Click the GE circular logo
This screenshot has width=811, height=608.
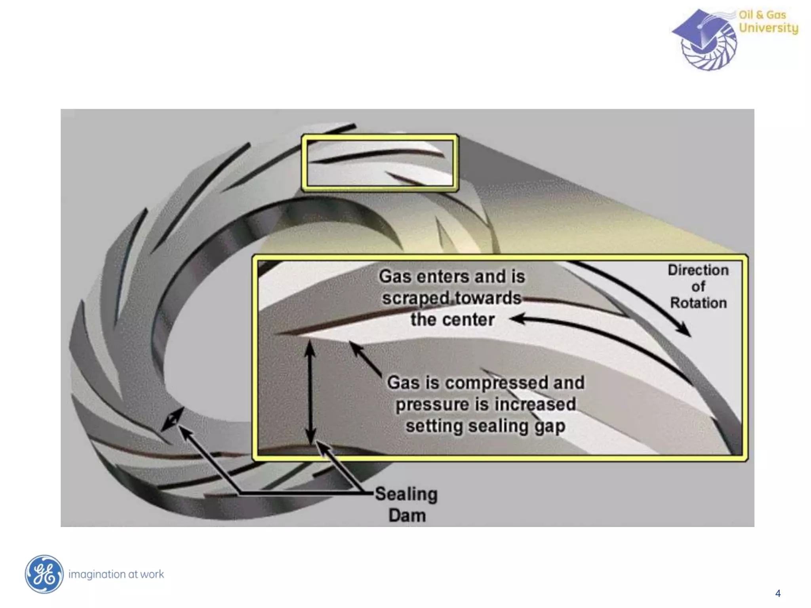click(44, 574)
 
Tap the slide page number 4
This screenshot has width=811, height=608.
click(778, 593)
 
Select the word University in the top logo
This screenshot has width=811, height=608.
click(768, 28)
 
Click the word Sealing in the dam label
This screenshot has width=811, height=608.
click(406, 494)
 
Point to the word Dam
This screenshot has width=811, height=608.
click(407, 516)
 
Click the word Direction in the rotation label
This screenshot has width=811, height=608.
click(698, 270)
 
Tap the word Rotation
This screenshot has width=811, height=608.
click(698, 303)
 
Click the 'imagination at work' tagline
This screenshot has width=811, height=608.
click(116, 574)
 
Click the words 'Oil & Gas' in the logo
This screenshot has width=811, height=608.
click(762, 15)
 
